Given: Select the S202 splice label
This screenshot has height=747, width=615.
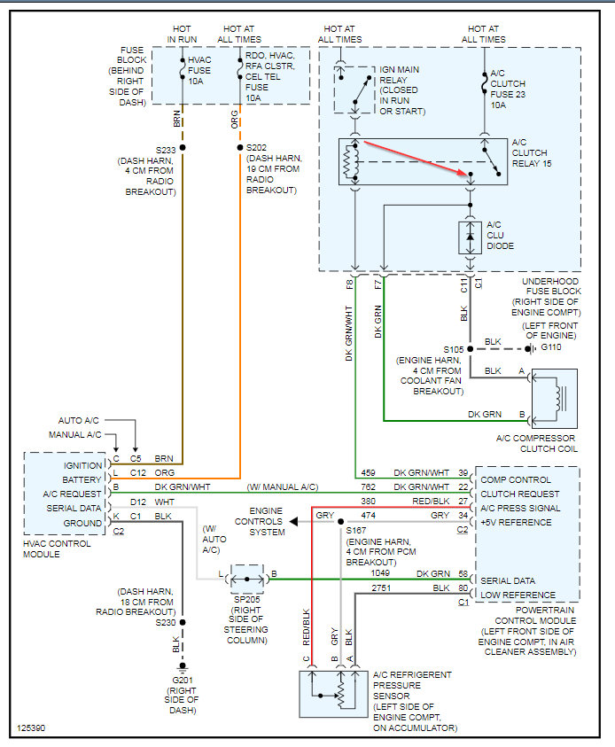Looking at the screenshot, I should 256,148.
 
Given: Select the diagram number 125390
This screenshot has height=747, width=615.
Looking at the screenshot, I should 31,728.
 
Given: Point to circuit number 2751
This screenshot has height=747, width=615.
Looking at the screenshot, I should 382,587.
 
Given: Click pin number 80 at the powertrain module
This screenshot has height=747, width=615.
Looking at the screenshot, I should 463,587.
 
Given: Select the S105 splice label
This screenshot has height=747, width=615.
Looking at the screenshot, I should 454,348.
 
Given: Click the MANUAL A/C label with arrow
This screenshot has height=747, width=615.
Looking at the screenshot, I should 74,434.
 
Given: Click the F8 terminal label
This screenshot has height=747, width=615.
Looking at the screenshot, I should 349,285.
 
